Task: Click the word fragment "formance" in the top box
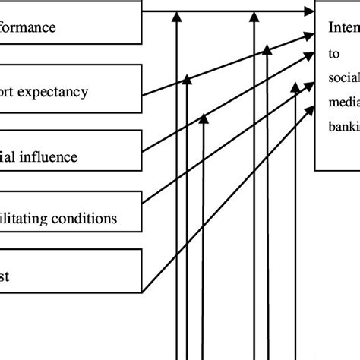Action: point(29,29)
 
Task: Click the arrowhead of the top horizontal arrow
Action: point(309,11)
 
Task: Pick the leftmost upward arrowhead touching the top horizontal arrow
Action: point(176,15)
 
